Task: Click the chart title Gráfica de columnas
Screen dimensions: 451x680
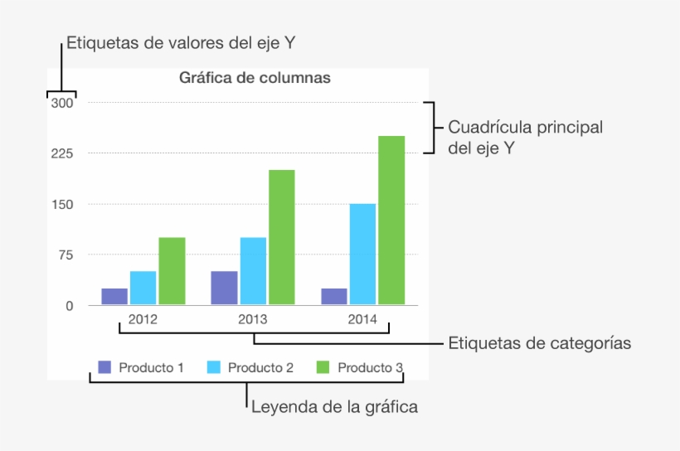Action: click(x=255, y=79)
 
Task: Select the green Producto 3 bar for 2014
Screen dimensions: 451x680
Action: click(x=391, y=221)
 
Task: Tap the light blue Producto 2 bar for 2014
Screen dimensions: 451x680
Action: click(x=362, y=255)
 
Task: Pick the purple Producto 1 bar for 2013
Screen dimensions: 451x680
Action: click(x=224, y=288)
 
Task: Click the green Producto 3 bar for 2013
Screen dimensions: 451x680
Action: click(x=281, y=237)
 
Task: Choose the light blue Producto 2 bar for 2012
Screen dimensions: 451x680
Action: click(x=143, y=288)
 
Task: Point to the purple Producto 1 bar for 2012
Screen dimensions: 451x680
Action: click(x=114, y=296)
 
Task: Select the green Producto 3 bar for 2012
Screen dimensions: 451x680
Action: click(x=172, y=271)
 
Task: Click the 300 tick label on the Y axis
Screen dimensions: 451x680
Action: click(x=62, y=104)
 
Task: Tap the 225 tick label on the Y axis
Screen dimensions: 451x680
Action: click(x=62, y=154)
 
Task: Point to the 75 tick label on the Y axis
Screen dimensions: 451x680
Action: click(x=66, y=255)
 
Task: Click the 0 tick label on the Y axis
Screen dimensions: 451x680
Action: click(x=70, y=306)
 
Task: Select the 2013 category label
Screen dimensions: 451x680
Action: click(x=253, y=319)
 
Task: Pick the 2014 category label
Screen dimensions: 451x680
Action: click(x=362, y=319)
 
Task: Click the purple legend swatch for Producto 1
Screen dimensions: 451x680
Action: click(x=104, y=367)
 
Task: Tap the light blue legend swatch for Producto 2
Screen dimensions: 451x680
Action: click(x=214, y=367)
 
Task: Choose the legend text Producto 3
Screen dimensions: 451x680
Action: click(x=370, y=367)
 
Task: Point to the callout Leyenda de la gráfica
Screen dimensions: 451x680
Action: click(x=333, y=407)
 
